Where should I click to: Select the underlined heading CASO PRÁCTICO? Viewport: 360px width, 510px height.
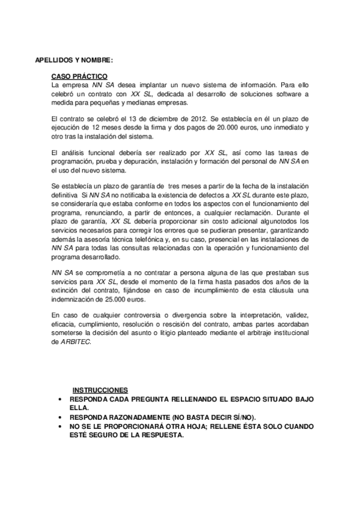(79, 76)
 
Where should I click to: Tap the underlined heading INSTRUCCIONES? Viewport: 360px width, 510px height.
(100, 390)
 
